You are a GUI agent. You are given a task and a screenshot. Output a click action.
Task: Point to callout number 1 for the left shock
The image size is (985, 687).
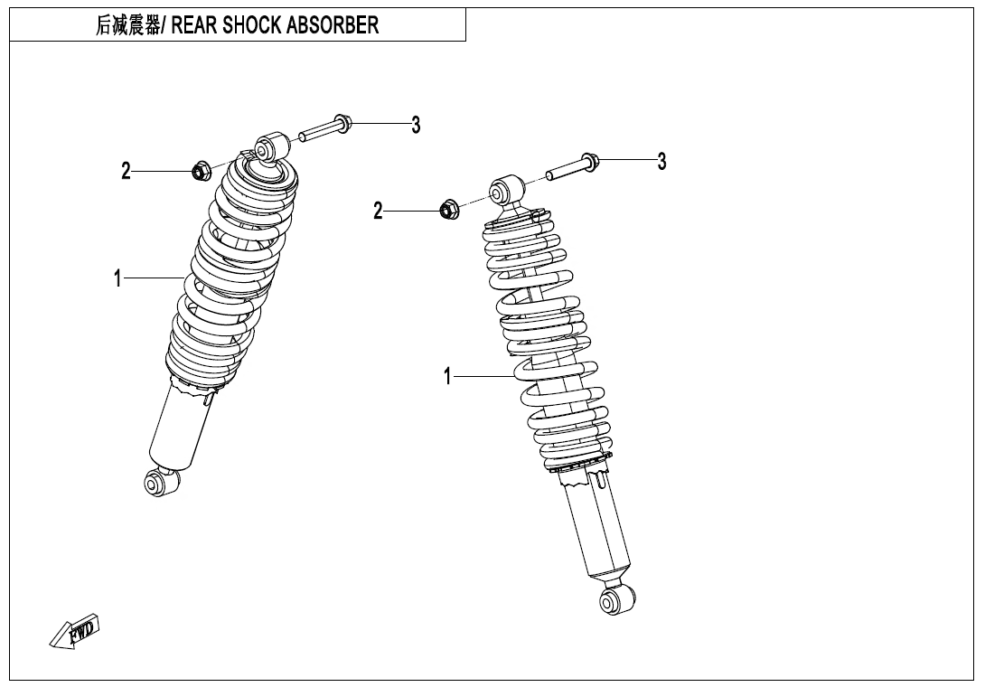(117, 279)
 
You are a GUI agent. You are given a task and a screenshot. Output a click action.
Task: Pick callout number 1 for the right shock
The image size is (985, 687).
(447, 376)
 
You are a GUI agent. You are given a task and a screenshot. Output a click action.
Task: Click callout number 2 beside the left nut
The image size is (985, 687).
(127, 170)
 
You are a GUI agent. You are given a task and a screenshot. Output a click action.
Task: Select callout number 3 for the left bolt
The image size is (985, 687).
(416, 126)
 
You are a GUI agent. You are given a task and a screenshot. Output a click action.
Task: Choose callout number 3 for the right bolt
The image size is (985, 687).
(662, 162)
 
